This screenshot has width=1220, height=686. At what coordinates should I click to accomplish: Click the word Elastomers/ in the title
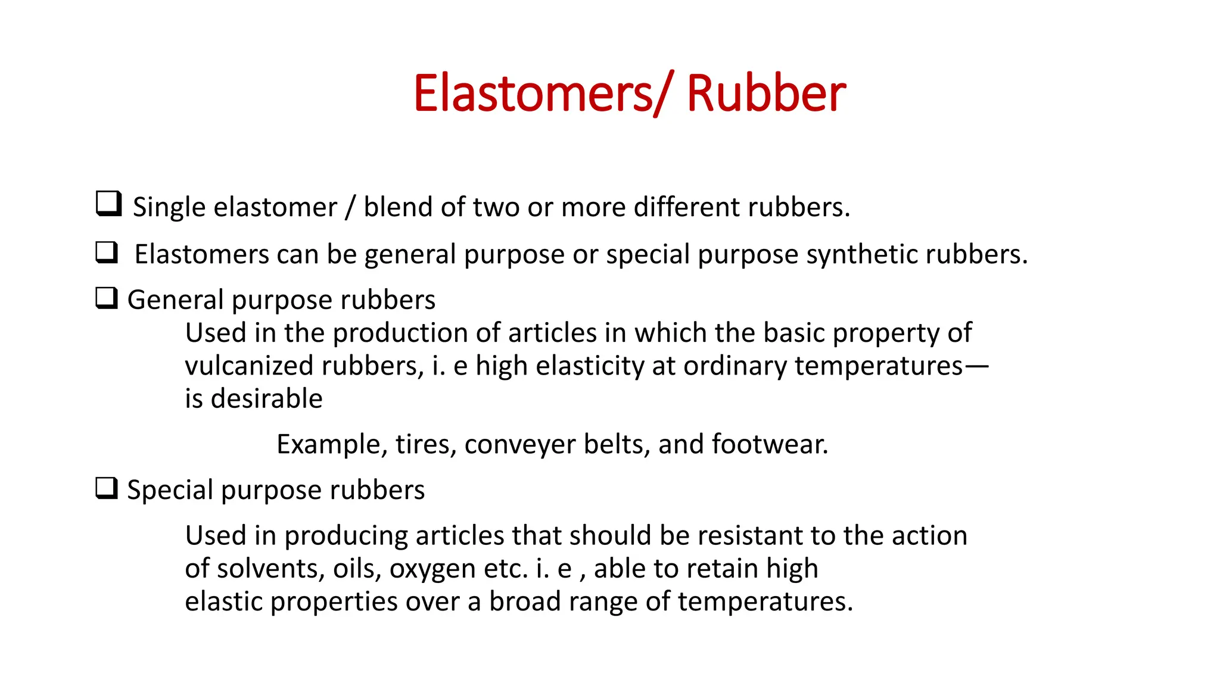click(541, 93)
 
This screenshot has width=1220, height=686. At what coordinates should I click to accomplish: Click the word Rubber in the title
click(765, 93)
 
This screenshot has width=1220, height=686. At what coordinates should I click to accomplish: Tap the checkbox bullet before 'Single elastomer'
click(108, 204)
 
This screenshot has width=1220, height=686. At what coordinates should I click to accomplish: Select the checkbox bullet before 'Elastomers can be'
click(107, 252)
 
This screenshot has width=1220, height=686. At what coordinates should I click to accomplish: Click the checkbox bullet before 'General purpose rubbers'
click(107, 298)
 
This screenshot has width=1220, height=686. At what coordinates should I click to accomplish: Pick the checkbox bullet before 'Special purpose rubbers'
click(107, 488)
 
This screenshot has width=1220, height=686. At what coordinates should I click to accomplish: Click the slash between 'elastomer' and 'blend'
click(350, 207)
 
